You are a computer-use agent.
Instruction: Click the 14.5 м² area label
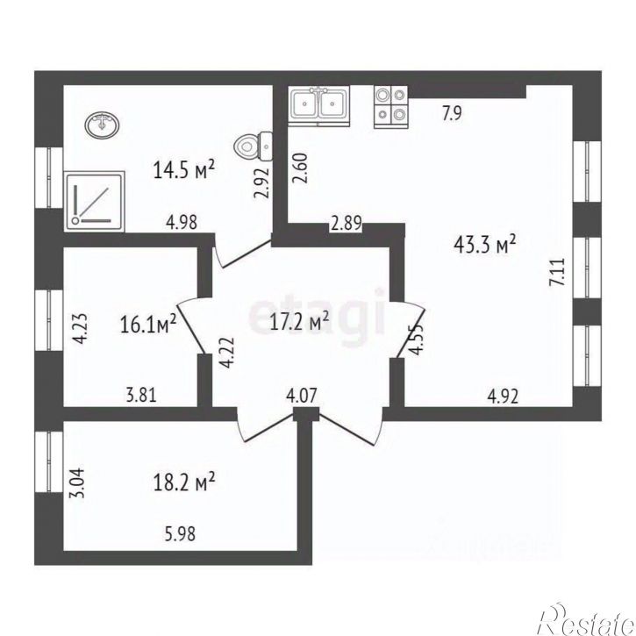(183, 169)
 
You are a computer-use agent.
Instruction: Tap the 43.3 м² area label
(485, 244)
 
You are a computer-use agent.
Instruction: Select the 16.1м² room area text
(148, 325)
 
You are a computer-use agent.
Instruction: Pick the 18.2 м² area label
(184, 482)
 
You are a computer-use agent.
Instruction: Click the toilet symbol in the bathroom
(254, 146)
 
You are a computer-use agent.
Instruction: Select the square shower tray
(94, 202)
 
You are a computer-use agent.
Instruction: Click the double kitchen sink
(318, 104)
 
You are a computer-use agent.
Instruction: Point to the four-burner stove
(391, 106)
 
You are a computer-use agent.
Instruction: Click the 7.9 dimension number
(452, 113)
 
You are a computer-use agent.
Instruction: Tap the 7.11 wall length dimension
(556, 272)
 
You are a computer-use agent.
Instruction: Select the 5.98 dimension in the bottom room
(179, 533)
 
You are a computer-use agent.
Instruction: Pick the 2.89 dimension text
(346, 223)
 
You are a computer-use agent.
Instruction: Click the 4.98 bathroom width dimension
(182, 222)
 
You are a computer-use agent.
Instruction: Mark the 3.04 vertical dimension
(77, 482)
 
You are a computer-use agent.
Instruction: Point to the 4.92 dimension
(503, 397)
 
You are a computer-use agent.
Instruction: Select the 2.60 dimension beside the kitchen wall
(300, 168)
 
